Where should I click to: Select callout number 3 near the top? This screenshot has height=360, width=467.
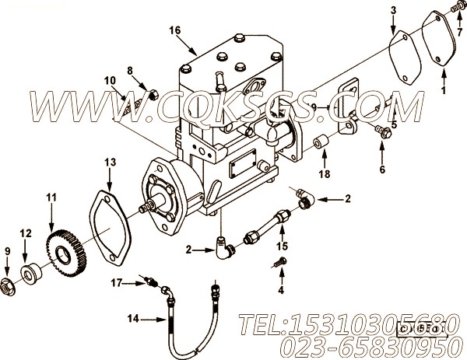393,9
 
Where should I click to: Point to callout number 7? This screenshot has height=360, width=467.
458,21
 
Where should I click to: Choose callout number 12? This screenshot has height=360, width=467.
25,232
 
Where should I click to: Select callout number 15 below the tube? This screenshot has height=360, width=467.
282,247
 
